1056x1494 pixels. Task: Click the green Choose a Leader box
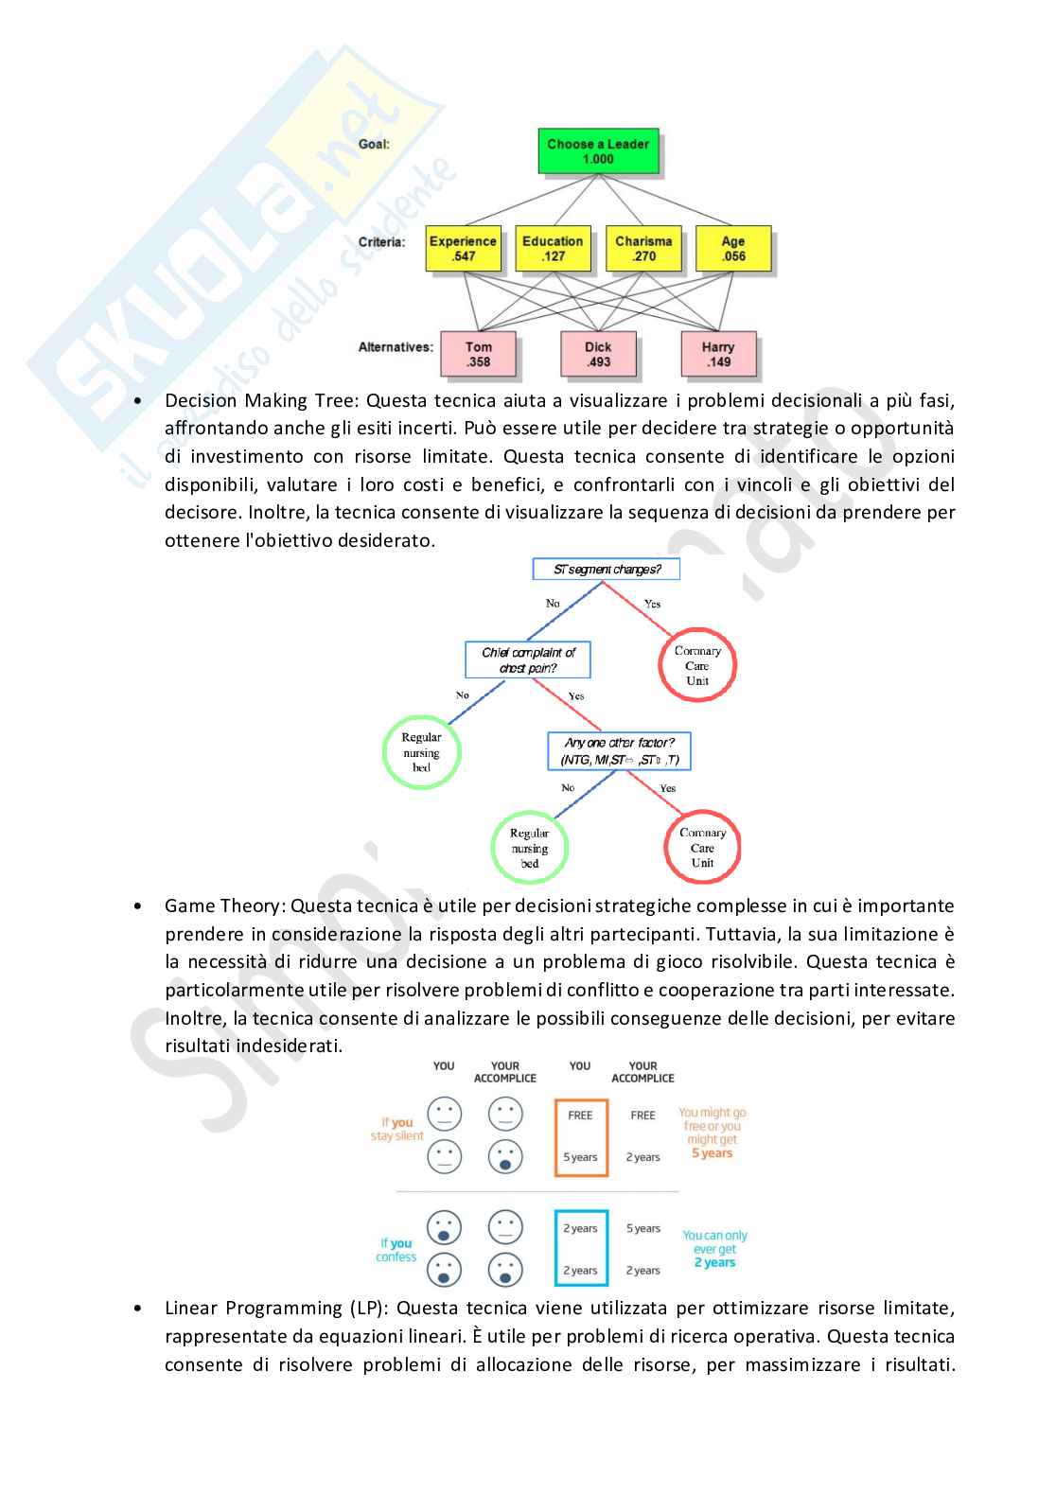598,151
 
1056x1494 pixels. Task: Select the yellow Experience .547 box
463,248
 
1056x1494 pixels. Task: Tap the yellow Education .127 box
553,248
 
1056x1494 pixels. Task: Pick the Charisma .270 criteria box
643,248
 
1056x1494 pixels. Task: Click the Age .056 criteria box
733,248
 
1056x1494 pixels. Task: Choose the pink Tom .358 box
478,354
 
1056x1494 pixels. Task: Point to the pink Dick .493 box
598,354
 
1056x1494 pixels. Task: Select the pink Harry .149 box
718,354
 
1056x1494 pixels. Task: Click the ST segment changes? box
607,569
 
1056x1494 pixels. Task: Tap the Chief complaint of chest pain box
528,659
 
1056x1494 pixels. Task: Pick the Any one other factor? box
619,751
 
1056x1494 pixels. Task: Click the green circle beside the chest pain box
421,752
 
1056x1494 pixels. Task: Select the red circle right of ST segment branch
697,665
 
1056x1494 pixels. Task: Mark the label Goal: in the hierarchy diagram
374,144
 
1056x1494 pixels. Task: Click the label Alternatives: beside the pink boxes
396,347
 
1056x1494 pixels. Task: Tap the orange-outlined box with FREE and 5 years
581,1136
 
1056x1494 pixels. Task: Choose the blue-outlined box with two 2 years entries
581,1249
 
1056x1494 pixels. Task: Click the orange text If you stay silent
397,1129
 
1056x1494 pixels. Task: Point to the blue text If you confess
396,1250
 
